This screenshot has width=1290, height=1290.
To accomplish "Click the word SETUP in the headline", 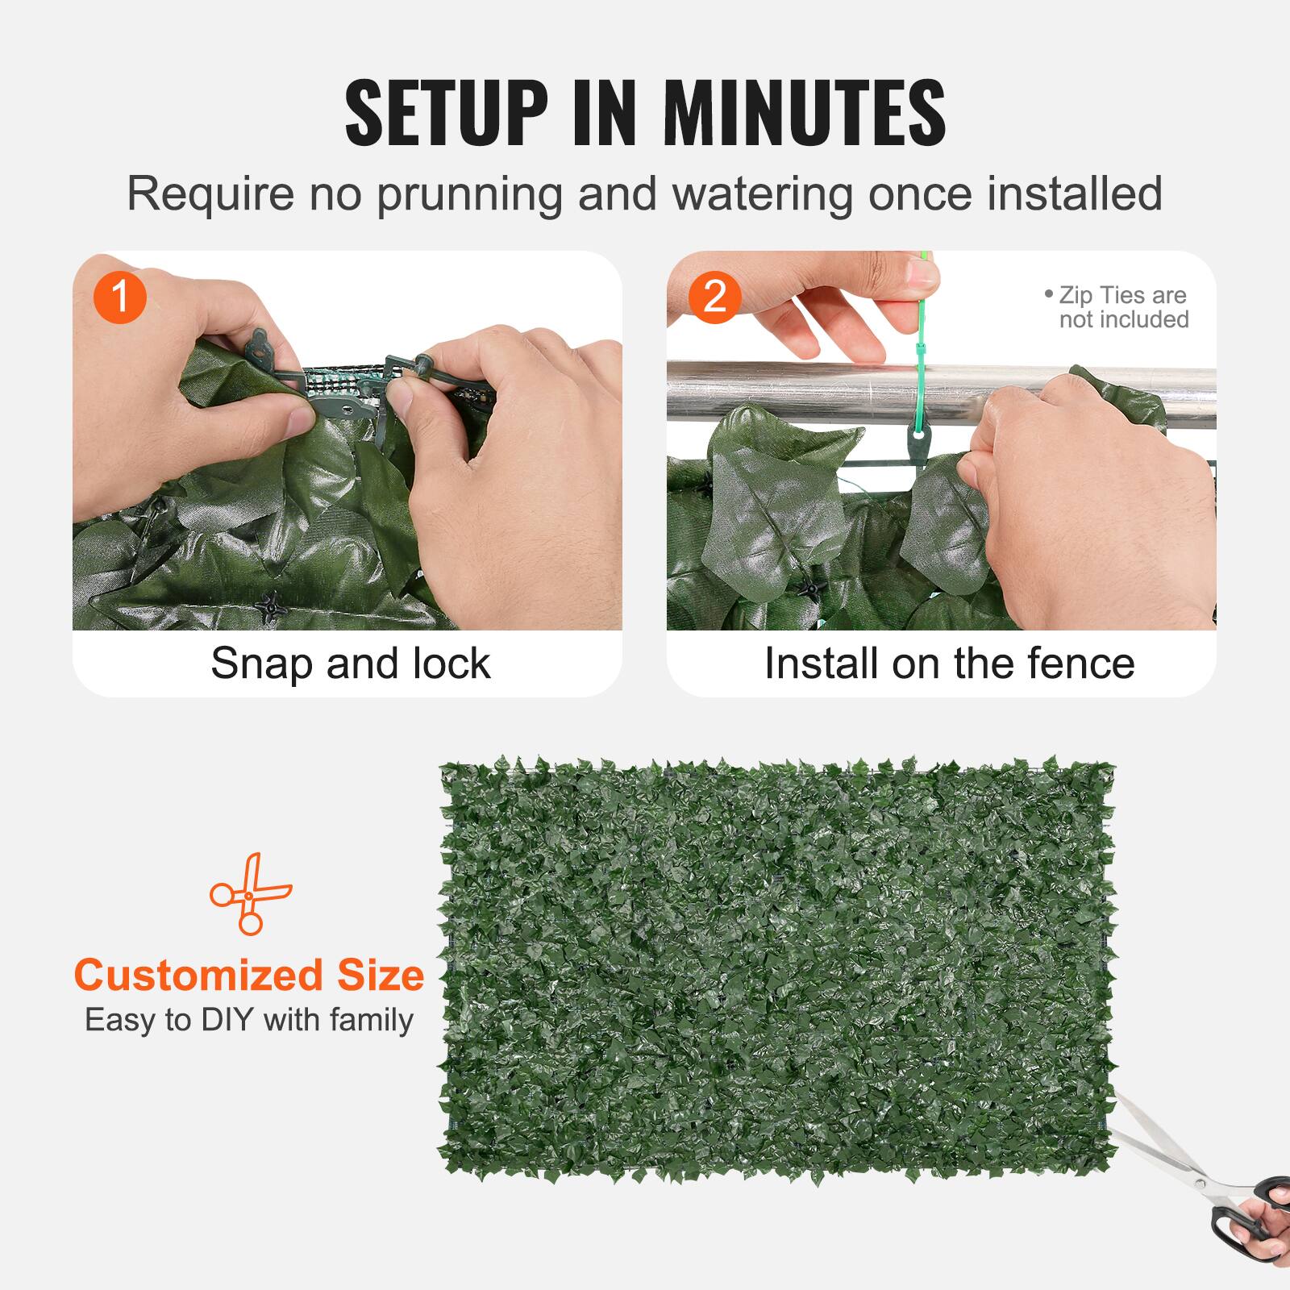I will (446, 113).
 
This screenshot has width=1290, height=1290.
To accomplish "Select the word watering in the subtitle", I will (763, 194).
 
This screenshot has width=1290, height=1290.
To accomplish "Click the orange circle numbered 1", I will (119, 297).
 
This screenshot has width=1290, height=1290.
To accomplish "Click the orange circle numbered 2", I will (714, 297).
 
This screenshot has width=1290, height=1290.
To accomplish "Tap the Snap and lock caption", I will (350, 664).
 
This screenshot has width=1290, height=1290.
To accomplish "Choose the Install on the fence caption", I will (949, 664).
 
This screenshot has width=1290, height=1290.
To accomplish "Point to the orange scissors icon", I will (250, 893).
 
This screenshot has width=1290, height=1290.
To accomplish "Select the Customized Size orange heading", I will (249, 975).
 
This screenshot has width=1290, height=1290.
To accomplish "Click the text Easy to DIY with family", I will (249, 1020).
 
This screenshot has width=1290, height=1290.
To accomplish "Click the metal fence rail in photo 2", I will (806, 391).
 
